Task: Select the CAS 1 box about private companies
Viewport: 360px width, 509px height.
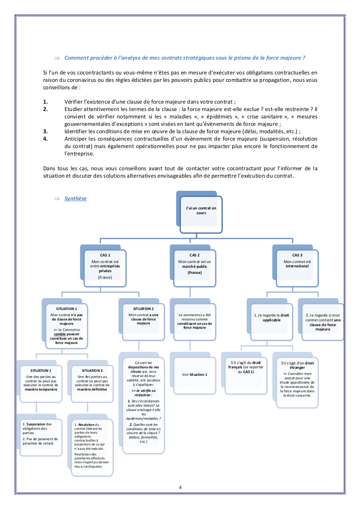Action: pyautogui.click(x=105, y=267)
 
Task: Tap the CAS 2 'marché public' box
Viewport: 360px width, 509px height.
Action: pyautogui.click(x=195, y=267)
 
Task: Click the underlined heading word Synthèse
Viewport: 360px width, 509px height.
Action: pyautogui.click(x=75, y=199)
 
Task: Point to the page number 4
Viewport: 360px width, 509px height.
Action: pyautogui.click(x=180, y=487)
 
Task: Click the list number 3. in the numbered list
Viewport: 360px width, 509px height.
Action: pyautogui.click(x=46, y=131)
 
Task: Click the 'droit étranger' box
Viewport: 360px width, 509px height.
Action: pyautogui.click(x=297, y=381)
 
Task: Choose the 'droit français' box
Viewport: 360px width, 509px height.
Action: pyautogui.click(x=246, y=374)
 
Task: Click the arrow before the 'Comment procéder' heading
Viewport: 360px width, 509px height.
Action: pyautogui.click(x=56, y=58)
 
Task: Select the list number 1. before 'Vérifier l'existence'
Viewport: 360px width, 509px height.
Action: pyautogui.click(x=46, y=101)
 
